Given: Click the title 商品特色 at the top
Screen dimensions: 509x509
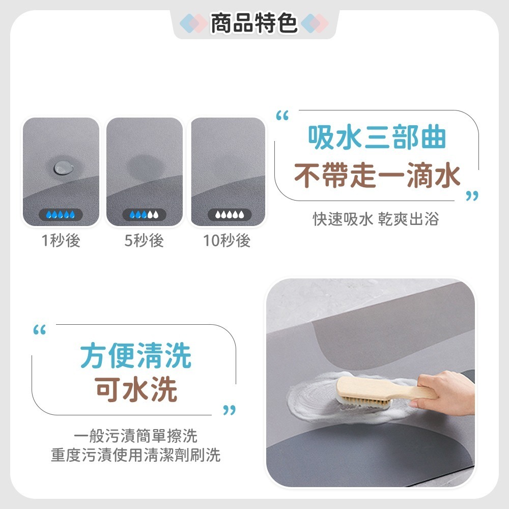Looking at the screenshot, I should pos(254,23).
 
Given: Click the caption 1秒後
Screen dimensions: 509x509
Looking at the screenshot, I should pos(61,240).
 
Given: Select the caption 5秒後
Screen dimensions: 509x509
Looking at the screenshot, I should pos(145,240).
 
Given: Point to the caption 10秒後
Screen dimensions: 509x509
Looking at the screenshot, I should pos(227,240).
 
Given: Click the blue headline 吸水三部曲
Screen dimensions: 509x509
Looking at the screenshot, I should pos(377,138).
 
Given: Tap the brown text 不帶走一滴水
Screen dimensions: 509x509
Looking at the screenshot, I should pos(377,176).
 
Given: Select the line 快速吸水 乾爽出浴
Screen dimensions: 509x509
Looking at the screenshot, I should pos(376,219).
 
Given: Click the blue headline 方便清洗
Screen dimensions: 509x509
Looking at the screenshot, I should pos(135,356).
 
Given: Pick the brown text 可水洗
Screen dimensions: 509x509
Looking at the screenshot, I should pos(136,390).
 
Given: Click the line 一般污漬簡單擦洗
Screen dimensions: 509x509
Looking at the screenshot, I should pos(135,436).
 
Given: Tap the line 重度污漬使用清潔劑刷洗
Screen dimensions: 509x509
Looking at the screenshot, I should pos(135,455).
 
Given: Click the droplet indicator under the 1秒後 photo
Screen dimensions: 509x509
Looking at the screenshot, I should pos(61,214).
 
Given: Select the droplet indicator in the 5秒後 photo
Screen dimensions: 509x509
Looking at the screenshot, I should pos(145,214).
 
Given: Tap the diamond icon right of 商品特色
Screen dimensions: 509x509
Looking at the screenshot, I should pos(314,23).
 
